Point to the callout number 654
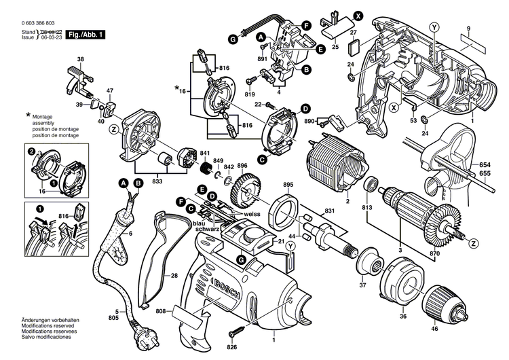(484, 165)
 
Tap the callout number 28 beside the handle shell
(174, 276)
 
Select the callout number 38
(81, 60)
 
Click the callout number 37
(362, 285)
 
